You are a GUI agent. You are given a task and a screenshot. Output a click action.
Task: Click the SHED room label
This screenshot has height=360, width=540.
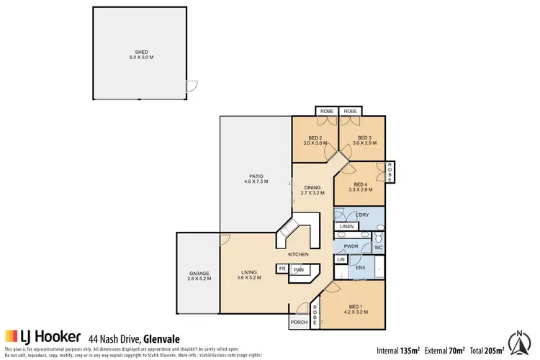pyautogui.click(x=141, y=53)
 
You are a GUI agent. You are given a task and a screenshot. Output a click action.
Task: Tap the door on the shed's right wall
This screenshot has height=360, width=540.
pyautogui.click(x=191, y=86)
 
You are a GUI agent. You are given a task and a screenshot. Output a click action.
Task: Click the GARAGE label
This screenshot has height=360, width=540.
pyautogui.click(x=199, y=274)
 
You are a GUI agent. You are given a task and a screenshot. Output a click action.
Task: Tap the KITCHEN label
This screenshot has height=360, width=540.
pyautogui.click(x=299, y=255)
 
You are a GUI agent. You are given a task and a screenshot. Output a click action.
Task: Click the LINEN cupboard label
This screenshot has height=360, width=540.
pyautogui.click(x=346, y=227)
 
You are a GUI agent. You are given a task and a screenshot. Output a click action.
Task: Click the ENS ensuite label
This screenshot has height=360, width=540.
pyautogui.click(x=361, y=268)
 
